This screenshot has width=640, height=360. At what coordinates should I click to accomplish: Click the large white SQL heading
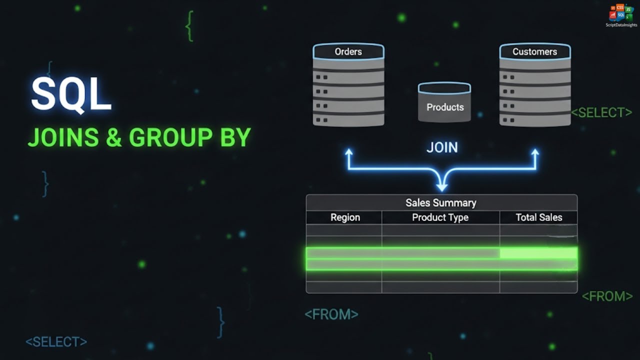(71, 94)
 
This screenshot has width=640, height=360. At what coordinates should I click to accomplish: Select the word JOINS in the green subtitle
(63, 137)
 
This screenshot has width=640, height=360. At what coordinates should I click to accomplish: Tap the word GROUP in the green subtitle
(171, 137)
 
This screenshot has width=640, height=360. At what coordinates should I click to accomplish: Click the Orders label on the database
(348, 51)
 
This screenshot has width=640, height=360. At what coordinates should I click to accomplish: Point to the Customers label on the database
(534, 51)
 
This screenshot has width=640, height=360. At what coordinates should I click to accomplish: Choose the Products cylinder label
(445, 107)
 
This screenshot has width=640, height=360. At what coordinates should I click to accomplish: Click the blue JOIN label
(442, 147)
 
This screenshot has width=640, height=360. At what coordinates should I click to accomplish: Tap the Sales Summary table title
(441, 203)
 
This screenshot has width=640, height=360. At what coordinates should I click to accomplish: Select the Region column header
(345, 217)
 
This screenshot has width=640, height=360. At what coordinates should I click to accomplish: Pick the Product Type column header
(440, 217)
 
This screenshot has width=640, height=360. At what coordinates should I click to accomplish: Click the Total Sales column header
(539, 217)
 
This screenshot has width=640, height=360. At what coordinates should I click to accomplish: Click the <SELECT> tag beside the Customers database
(601, 112)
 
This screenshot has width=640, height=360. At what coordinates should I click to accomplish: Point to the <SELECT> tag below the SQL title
(56, 341)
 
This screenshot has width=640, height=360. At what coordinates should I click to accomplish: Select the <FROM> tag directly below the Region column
(331, 314)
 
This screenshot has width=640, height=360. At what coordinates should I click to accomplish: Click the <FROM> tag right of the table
(607, 296)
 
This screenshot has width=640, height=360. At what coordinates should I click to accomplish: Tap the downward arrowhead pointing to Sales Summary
(442, 187)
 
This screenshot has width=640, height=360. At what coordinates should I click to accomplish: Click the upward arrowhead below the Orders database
(348, 152)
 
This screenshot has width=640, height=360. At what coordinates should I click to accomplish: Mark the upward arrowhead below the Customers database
(535, 152)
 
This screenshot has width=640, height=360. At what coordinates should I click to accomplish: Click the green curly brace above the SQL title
(189, 26)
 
